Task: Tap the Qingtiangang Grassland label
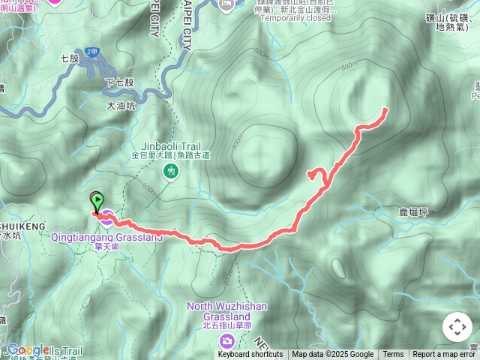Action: (x=127, y=237)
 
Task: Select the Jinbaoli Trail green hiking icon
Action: (x=172, y=172)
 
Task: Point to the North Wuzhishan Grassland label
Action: (x=226, y=310)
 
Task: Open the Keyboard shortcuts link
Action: (x=250, y=355)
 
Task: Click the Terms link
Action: (x=393, y=355)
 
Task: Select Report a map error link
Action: (x=444, y=355)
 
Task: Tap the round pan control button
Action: (x=457, y=327)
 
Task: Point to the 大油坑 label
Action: (x=121, y=106)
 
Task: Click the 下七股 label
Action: (x=119, y=82)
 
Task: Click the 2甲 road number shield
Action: (x=91, y=51)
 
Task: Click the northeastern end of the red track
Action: (x=385, y=109)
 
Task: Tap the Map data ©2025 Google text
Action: (x=332, y=355)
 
